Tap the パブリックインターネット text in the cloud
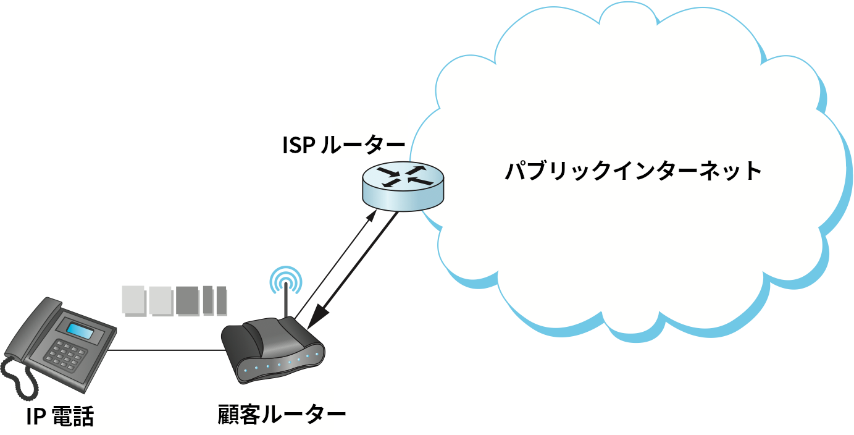click(x=632, y=171)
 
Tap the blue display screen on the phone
click(x=80, y=331)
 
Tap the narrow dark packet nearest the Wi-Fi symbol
click(x=220, y=300)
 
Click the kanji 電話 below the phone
click(x=73, y=416)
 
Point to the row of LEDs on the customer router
click(x=281, y=363)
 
